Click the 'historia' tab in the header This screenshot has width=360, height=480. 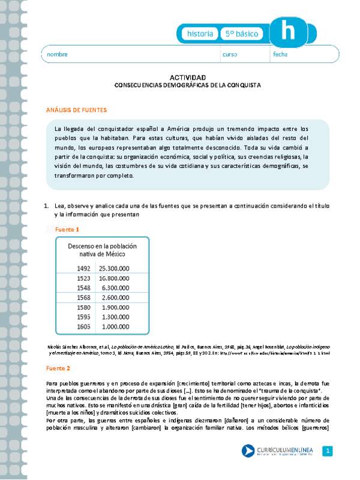[199, 34]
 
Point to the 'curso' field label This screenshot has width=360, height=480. [230, 55]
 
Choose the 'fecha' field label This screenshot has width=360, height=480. [280, 55]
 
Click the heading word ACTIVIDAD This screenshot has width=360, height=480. [187, 78]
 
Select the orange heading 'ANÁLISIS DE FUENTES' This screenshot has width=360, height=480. [76, 110]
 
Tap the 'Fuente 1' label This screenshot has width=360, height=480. [67, 229]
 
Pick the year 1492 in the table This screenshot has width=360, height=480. [83, 268]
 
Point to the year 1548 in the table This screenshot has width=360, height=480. [83, 288]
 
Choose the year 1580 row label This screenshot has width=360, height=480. [83, 308]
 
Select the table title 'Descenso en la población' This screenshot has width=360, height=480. [102, 246]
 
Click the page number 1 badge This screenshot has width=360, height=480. [327, 451]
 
